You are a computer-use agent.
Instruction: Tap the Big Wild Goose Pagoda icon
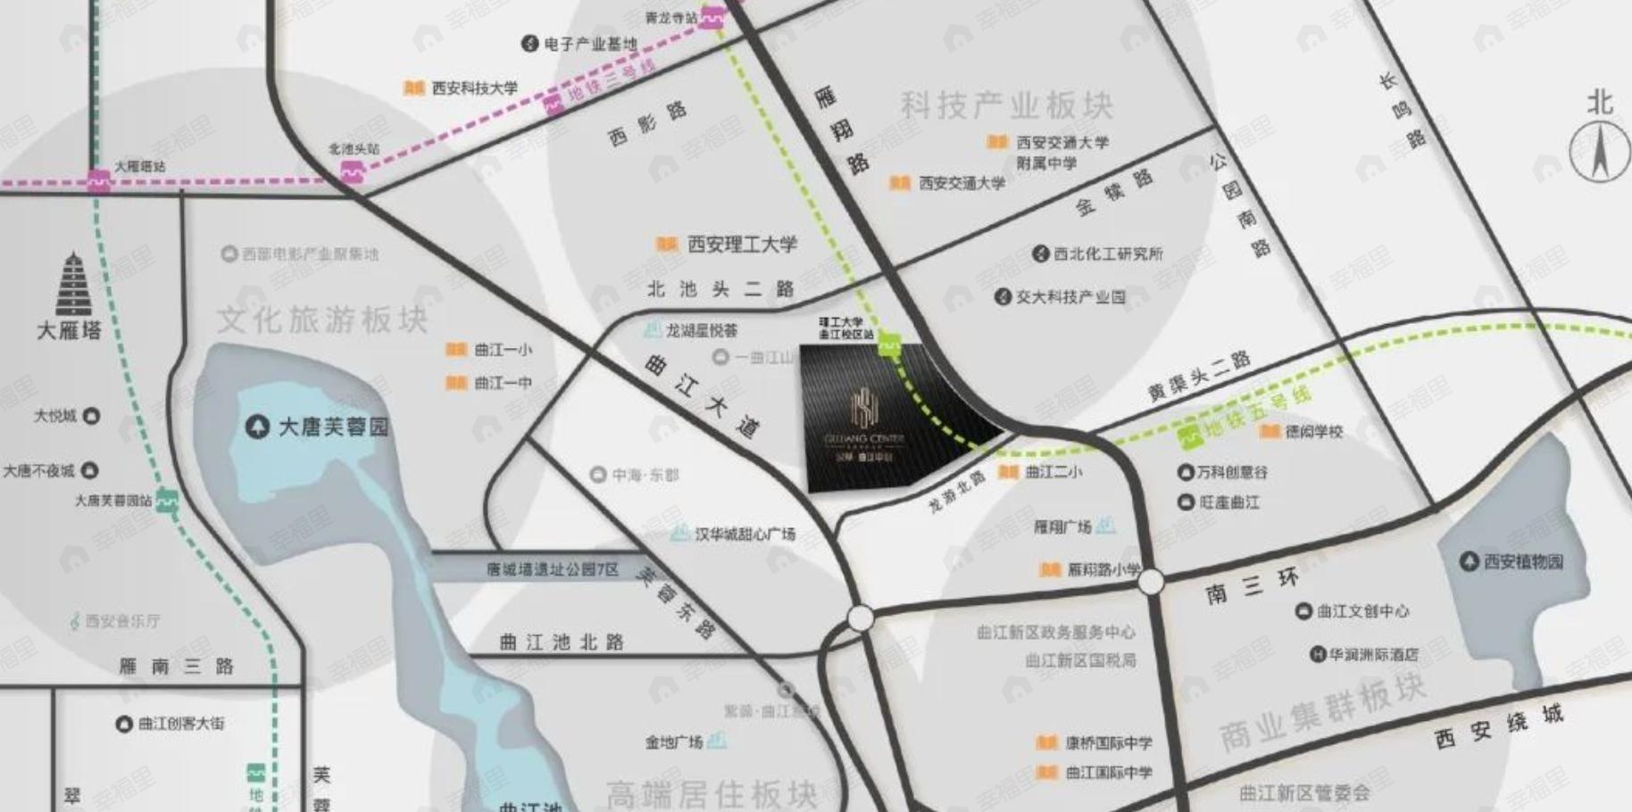70,285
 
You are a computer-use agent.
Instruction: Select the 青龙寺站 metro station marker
712,17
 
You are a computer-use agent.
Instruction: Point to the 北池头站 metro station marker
353,170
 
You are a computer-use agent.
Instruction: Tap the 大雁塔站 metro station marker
98,181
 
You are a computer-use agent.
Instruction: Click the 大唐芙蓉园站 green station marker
167,501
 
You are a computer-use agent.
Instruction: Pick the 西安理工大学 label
742,244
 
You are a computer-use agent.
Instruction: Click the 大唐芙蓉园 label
333,427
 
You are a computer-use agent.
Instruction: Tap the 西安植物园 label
1523,561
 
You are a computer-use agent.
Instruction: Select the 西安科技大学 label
474,87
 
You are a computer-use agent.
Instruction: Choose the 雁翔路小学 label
1103,568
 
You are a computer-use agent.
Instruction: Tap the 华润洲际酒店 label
1373,654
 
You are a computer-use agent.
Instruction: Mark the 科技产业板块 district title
1006,105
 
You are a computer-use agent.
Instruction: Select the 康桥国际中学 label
1108,742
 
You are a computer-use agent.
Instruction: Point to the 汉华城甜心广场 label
745,534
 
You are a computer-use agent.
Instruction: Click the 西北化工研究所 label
1108,253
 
